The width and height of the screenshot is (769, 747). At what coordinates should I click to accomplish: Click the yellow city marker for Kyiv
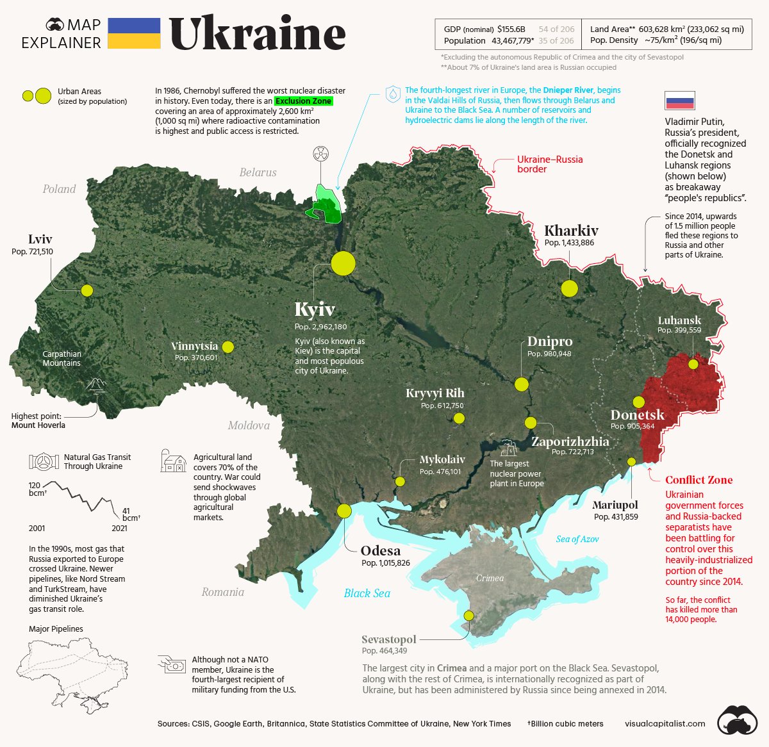click(343, 263)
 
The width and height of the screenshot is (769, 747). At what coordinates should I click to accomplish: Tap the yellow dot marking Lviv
click(87, 290)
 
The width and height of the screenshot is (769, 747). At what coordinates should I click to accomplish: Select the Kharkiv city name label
click(571, 231)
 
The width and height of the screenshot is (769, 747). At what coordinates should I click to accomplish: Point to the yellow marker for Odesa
click(344, 511)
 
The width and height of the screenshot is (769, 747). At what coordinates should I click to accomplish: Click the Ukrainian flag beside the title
click(134, 33)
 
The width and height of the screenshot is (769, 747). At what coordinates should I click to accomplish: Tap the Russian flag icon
click(679, 101)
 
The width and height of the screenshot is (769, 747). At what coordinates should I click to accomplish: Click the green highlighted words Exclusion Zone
click(304, 101)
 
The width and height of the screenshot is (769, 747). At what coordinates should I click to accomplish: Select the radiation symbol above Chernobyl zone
click(320, 154)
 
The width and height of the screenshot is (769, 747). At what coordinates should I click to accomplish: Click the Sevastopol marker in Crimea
click(469, 615)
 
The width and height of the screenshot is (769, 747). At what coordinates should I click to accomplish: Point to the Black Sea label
click(367, 593)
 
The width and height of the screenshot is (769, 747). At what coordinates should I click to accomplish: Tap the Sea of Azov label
click(577, 539)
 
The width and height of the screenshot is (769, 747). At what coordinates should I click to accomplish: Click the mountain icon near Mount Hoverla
click(97, 384)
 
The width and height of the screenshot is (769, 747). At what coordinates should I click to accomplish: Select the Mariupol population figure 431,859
click(616, 516)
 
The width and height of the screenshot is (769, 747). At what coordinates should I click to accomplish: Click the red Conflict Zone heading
click(699, 480)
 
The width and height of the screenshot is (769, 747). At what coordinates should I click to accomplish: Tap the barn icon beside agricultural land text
click(173, 461)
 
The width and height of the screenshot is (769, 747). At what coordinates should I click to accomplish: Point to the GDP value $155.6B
click(511, 29)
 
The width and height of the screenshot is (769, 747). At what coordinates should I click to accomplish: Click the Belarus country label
click(258, 172)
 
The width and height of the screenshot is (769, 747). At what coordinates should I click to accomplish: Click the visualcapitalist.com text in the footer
click(665, 723)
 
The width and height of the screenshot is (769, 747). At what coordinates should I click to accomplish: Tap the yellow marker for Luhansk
click(693, 364)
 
